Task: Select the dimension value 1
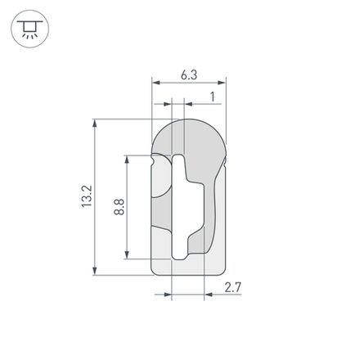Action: (x=213, y=97)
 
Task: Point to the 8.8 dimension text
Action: (x=119, y=205)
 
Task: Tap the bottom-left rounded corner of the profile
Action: (x=158, y=270)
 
